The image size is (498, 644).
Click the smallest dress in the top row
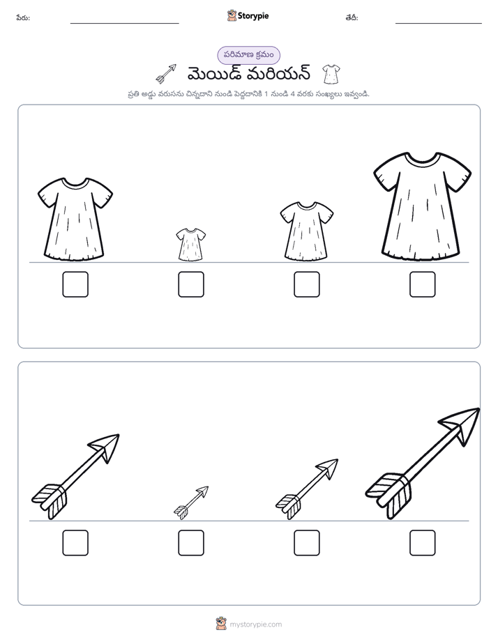pyautogui.click(x=191, y=245)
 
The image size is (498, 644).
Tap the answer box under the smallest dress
pyautogui.click(x=191, y=284)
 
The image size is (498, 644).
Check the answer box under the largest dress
pyautogui.click(x=423, y=284)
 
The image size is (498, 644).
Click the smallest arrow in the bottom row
pyautogui.click(x=191, y=503)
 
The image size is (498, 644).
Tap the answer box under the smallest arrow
pyautogui.click(x=191, y=543)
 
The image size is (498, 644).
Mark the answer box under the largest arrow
pyautogui.click(x=423, y=543)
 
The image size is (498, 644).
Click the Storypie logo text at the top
pyautogui.click(x=253, y=16)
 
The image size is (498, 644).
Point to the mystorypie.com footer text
pyautogui.click(x=255, y=624)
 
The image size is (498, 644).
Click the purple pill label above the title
pyautogui.click(x=248, y=56)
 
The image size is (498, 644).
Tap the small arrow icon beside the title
pyautogui.click(x=166, y=73)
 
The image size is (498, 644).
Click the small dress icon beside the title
pyautogui.click(x=331, y=74)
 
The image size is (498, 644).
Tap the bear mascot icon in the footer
pyautogui.click(x=221, y=624)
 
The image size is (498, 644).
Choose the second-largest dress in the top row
pyautogui.click(x=75, y=219)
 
